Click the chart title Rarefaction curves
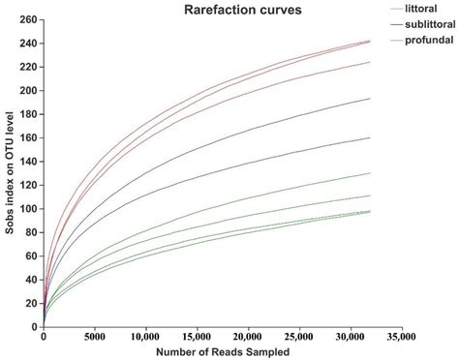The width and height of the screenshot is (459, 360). (x=235, y=10)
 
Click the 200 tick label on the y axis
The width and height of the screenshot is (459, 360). (x=28, y=91)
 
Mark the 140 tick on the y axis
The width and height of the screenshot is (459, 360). (x=28, y=162)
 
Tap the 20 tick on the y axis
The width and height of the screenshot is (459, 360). (x=31, y=304)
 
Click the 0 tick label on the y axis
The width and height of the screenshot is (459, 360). (x=34, y=327)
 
